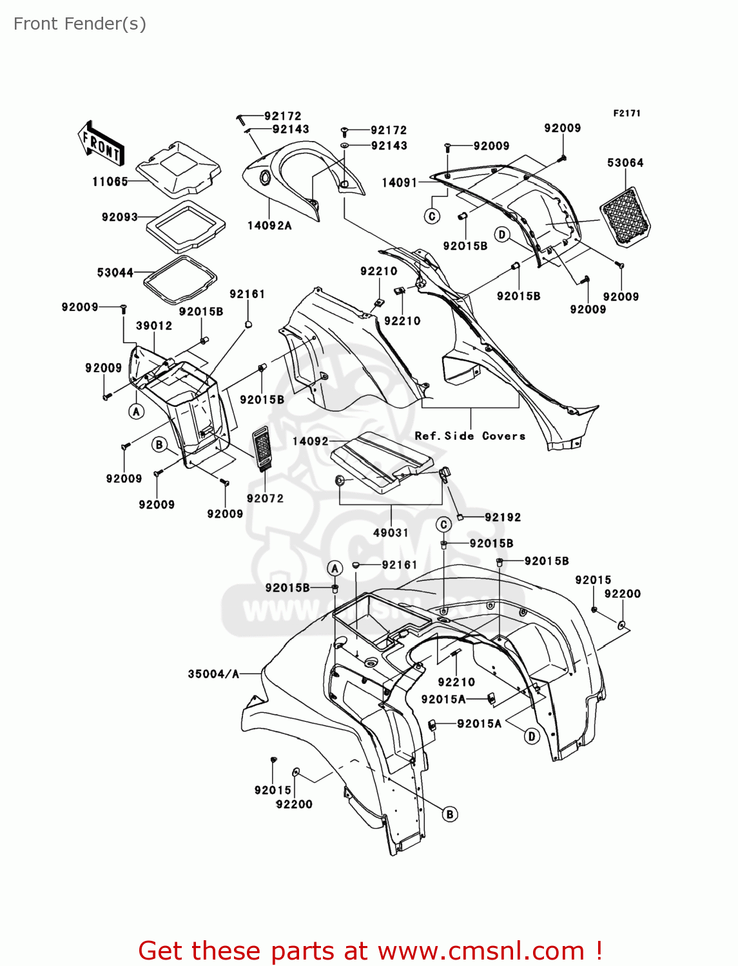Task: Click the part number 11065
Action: (x=110, y=182)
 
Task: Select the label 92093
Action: (x=120, y=217)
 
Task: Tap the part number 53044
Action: (x=115, y=272)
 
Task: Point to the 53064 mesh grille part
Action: (x=625, y=216)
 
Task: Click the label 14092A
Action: (x=269, y=225)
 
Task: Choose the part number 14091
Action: (x=400, y=182)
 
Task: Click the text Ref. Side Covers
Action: (x=470, y=436)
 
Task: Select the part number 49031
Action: (x=391, y=533)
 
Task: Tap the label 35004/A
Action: (x=213, y=674)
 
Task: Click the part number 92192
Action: (x=503, y=517)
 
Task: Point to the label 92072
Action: (x=265, y=498)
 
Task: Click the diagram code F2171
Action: (x=626, y=113)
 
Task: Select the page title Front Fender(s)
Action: (x=80, y=24)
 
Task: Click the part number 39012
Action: (x=154, y=326)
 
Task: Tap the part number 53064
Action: (x=625, y=163)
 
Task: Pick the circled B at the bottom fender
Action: (x=450, y=814)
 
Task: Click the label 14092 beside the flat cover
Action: (x=311, y=441)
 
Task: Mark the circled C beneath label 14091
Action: (x=432, y=216)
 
